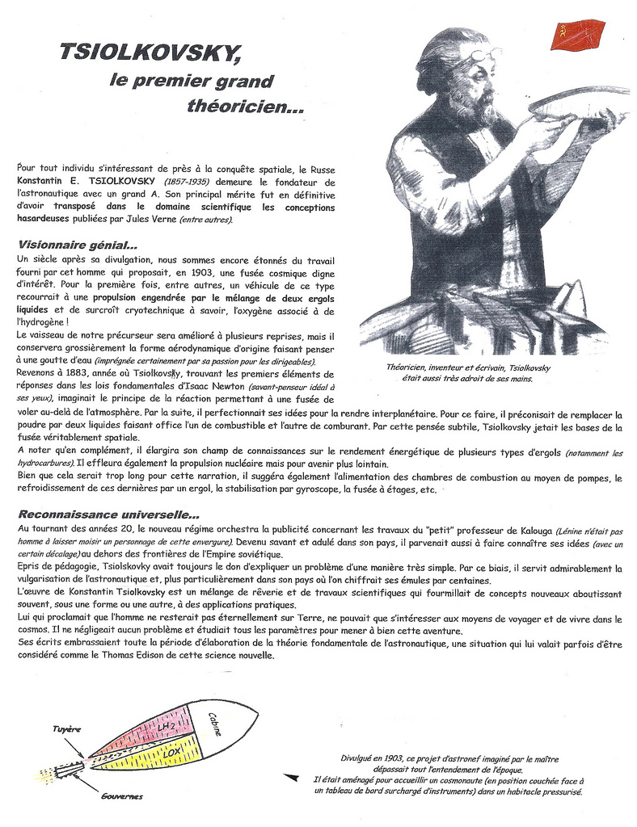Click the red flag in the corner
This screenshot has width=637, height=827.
(577, 36)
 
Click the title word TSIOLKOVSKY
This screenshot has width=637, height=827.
(150, 52)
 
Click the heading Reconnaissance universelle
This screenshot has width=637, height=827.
(109, 514)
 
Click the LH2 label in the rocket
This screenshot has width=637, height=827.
(167, 730)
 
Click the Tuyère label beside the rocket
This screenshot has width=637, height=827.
(66, 728)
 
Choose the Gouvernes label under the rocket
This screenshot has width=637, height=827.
(122, 796)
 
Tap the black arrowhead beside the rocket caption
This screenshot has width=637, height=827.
(291, 778)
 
